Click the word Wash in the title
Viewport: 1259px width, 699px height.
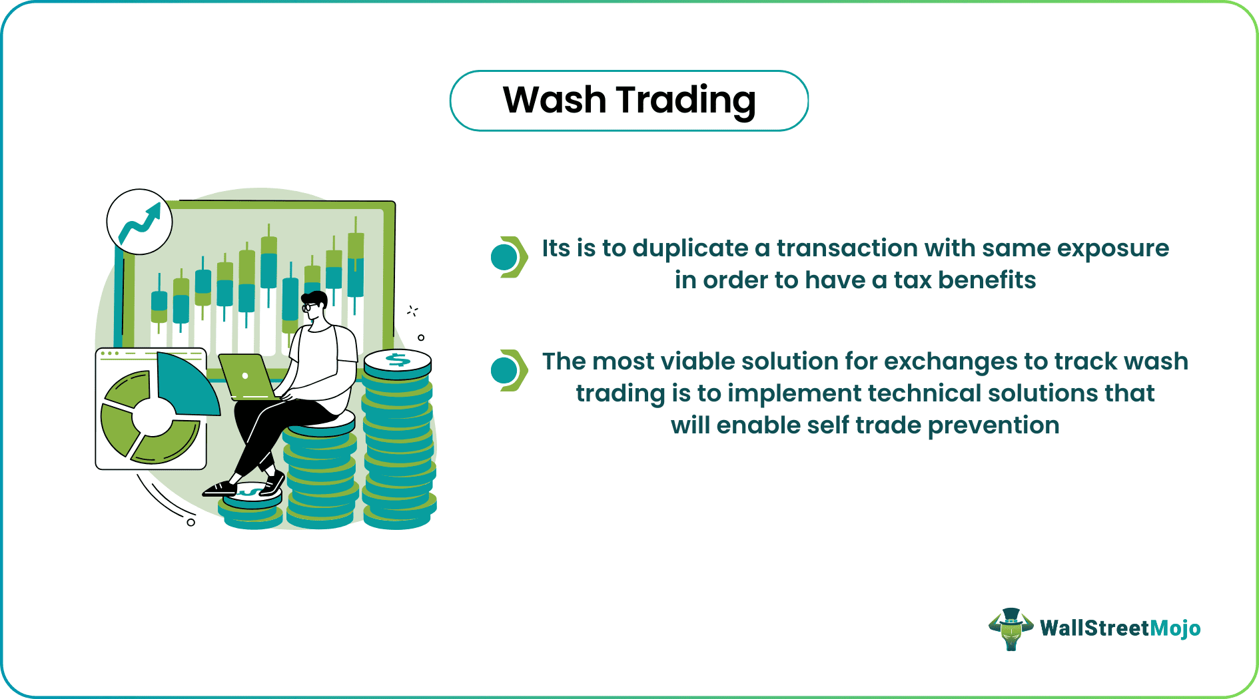(x=554, y=100)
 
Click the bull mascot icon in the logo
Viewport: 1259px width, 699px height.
(x=1011, y=628)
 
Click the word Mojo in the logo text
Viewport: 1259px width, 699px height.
(x=1175, y=628)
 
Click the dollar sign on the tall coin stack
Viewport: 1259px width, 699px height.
(x=398, y=360)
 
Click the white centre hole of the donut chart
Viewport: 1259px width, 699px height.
(x=153, y=417)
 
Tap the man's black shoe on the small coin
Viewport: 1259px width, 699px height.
(x=220, y=489)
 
